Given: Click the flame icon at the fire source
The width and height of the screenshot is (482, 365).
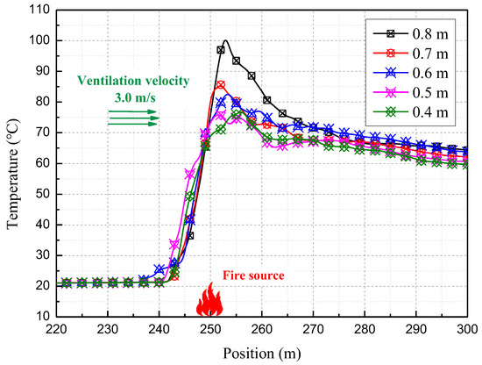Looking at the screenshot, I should pos(210,298).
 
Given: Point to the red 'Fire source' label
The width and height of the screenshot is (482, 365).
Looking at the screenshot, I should pos(254,276).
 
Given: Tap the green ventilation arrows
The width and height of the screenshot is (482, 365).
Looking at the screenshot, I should pos(134,118).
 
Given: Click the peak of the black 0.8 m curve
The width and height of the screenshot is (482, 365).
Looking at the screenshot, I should pos(225,40).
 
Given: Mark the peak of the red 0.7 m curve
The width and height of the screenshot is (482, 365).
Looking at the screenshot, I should pos(220,85).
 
